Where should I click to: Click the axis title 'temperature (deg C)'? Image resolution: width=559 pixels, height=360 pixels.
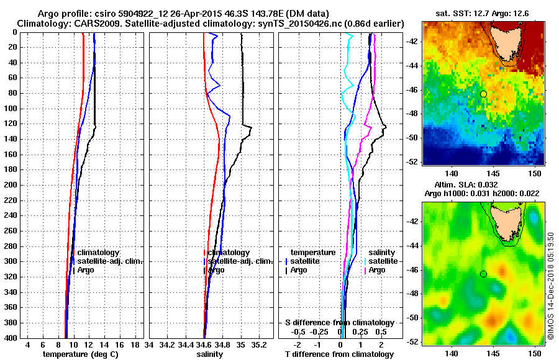(81, 354)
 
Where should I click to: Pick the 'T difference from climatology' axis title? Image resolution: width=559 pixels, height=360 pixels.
(339, 354)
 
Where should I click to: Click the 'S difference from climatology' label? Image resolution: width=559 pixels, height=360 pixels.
(339, 323)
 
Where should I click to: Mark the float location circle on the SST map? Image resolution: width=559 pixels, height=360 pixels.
(483, 94)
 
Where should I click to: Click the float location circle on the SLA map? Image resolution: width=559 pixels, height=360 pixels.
(483, 274)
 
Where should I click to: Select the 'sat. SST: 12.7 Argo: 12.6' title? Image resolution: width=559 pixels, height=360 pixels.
(483, 13)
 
